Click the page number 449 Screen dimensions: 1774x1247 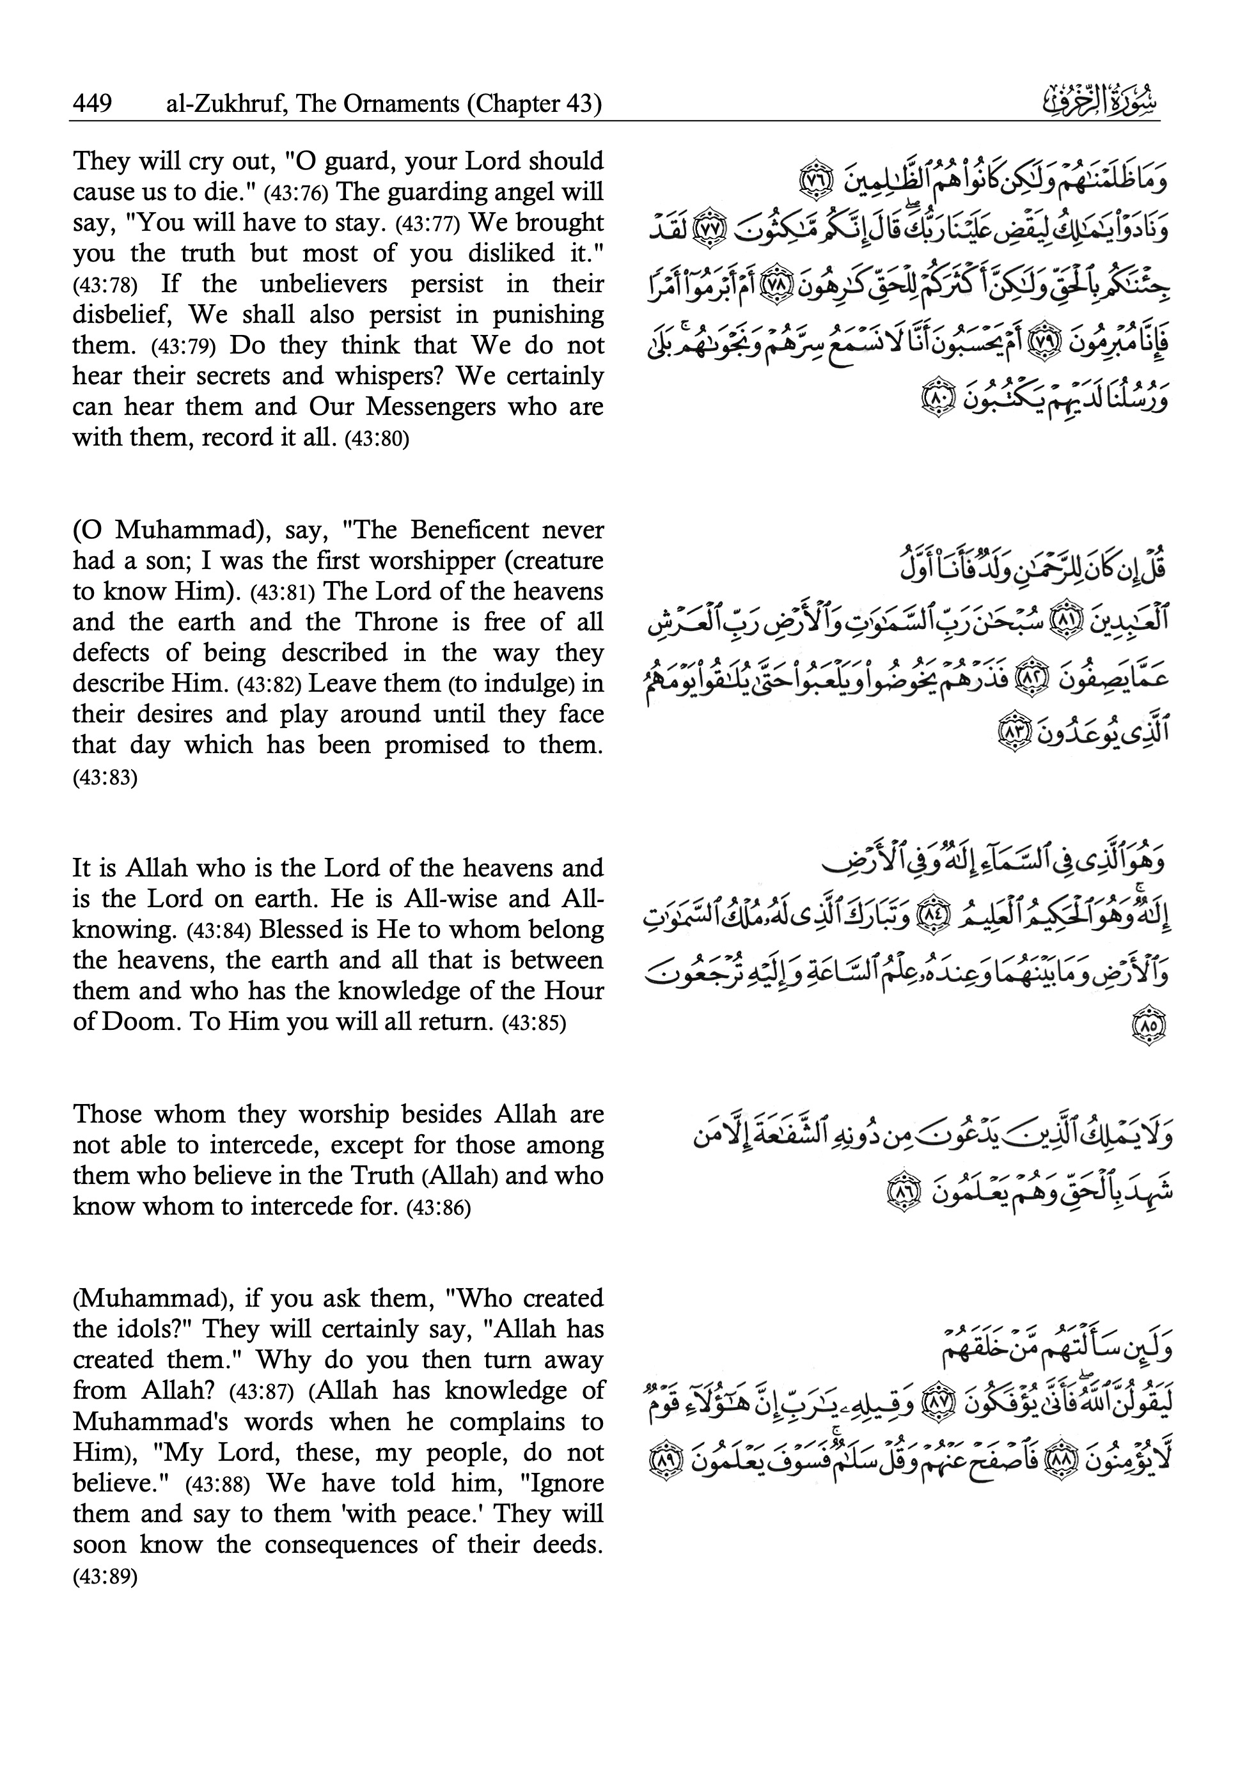click(x=92, y=104)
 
